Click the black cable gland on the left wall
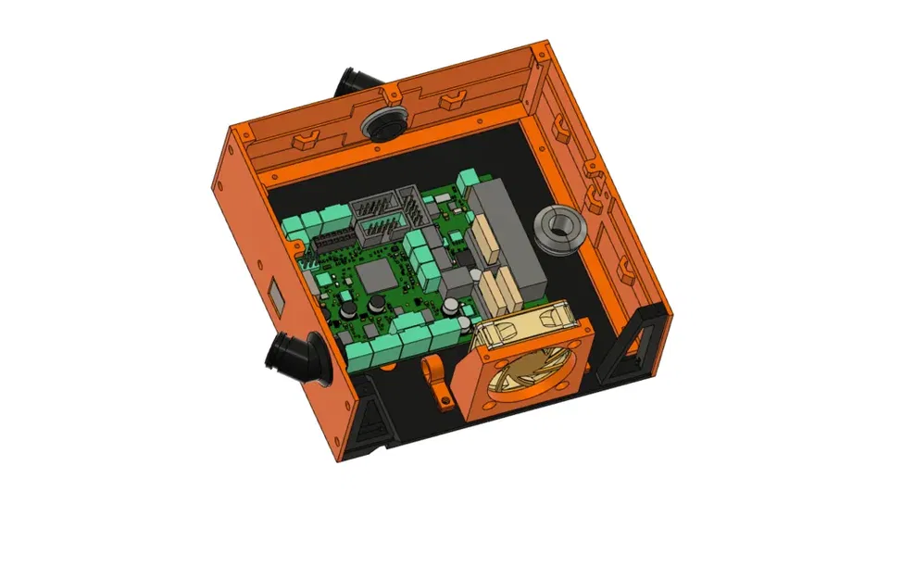295,358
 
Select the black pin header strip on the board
331,243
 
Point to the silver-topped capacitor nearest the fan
450,305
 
